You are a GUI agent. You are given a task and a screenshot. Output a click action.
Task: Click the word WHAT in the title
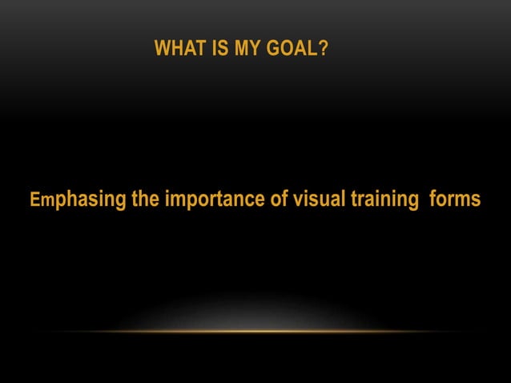[x=176, y=50]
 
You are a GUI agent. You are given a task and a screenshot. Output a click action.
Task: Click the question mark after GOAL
[x=323, y=50]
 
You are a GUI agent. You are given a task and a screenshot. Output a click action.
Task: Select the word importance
[x=215, y=199]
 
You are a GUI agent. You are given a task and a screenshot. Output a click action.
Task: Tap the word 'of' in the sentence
[x=279, y=198]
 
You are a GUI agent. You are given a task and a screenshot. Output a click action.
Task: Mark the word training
[x=383, y=199]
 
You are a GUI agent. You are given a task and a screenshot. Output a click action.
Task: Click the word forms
[x=455, y=198]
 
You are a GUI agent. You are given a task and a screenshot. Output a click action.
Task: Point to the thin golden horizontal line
[x=255, y=331]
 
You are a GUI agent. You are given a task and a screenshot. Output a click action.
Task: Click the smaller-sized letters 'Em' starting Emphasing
[x=41, y=200]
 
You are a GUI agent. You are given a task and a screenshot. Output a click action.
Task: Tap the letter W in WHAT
[x=161, y=50]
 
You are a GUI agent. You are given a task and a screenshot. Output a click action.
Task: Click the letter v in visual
[x=297, y=200]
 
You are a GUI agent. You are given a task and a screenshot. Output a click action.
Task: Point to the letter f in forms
[x=433, y=198]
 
